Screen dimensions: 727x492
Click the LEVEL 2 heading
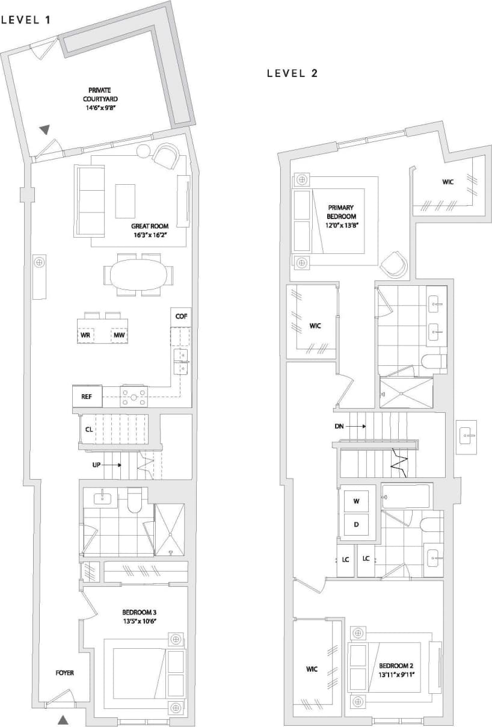[292, 73]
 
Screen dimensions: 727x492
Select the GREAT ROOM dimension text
[149, 235]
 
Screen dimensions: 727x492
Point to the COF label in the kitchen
[180, 316]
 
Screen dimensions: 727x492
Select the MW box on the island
[119, 335]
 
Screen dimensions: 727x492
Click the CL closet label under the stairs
[88, 430]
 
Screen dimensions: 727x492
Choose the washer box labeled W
[356, 501]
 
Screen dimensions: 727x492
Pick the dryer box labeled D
[356, 524]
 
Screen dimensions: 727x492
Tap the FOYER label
[64, 672]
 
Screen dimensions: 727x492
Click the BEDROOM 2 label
[396, 670]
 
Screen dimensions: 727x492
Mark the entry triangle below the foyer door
[63, 719]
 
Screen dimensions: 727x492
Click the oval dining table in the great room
[140, 276]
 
